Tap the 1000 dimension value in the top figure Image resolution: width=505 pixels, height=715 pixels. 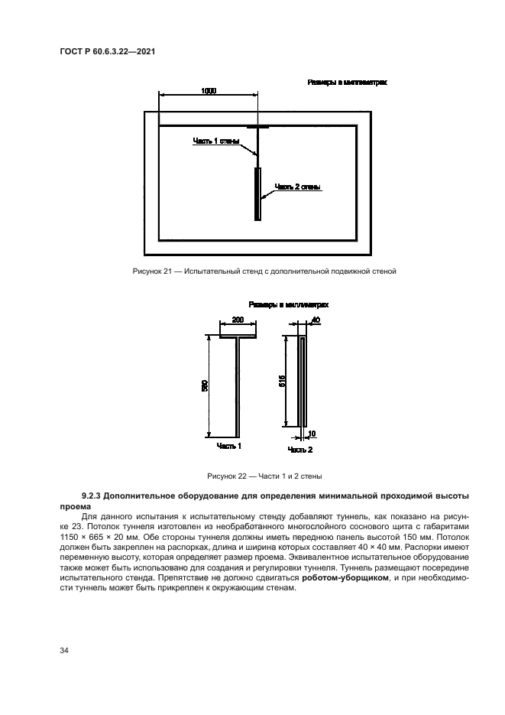point(209,91)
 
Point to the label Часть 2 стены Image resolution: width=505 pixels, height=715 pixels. point(297,187)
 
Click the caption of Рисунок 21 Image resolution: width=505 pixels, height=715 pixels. point(252,271)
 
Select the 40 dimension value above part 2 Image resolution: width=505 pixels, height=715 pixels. point(316,319)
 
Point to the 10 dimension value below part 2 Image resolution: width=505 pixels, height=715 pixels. point(312,433)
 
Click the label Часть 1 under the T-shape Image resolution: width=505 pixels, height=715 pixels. point(229,445)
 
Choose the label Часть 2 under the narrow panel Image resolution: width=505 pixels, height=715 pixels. point(300,450)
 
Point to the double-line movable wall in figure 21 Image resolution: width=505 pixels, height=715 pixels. point(259,194)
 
